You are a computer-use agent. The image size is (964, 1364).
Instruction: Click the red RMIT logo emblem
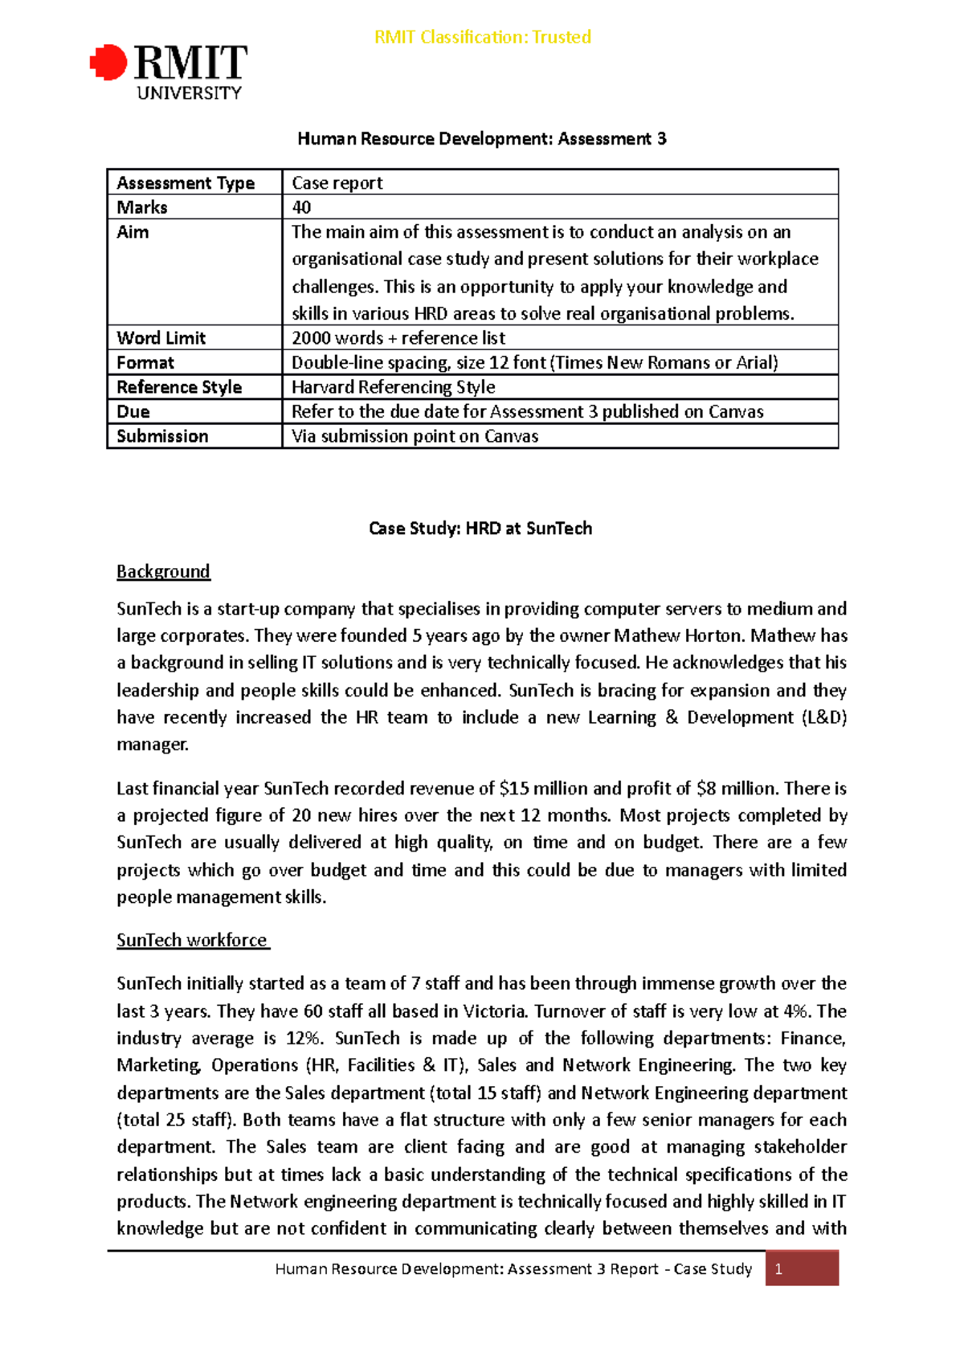(108, 63)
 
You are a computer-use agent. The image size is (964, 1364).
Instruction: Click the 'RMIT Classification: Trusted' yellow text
(482, 37)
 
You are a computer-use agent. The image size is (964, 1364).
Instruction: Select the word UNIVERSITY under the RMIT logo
(189, 93)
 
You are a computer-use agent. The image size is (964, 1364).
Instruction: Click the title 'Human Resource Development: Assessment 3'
(481, 139)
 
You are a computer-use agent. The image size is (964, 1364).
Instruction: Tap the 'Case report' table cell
(337, 183)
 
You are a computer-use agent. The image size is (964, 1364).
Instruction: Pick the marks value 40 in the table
(301, 207)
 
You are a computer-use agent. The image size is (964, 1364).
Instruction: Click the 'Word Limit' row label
(161, 338)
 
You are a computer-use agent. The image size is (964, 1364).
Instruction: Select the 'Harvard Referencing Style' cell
(393, 387)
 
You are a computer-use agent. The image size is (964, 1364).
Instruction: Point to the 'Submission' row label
(162, 436)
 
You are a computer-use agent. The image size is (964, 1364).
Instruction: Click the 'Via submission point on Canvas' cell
(415, 436)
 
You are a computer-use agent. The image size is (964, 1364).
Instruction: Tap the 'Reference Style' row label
(179, 387)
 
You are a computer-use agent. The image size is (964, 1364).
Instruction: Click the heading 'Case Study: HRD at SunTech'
(480, 529)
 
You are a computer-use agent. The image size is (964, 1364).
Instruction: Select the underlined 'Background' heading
(163, 571)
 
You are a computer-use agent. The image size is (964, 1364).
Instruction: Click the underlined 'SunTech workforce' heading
(192, 940)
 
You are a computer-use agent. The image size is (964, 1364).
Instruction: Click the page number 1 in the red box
(778, 1269)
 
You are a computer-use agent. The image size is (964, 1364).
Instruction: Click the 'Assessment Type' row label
(186, 183)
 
